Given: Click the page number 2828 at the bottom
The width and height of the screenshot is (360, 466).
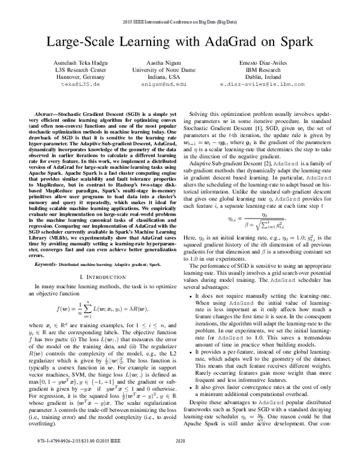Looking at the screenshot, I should [x=179, y=457].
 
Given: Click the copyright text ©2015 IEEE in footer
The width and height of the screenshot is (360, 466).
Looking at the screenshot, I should [x=90, y=457].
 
